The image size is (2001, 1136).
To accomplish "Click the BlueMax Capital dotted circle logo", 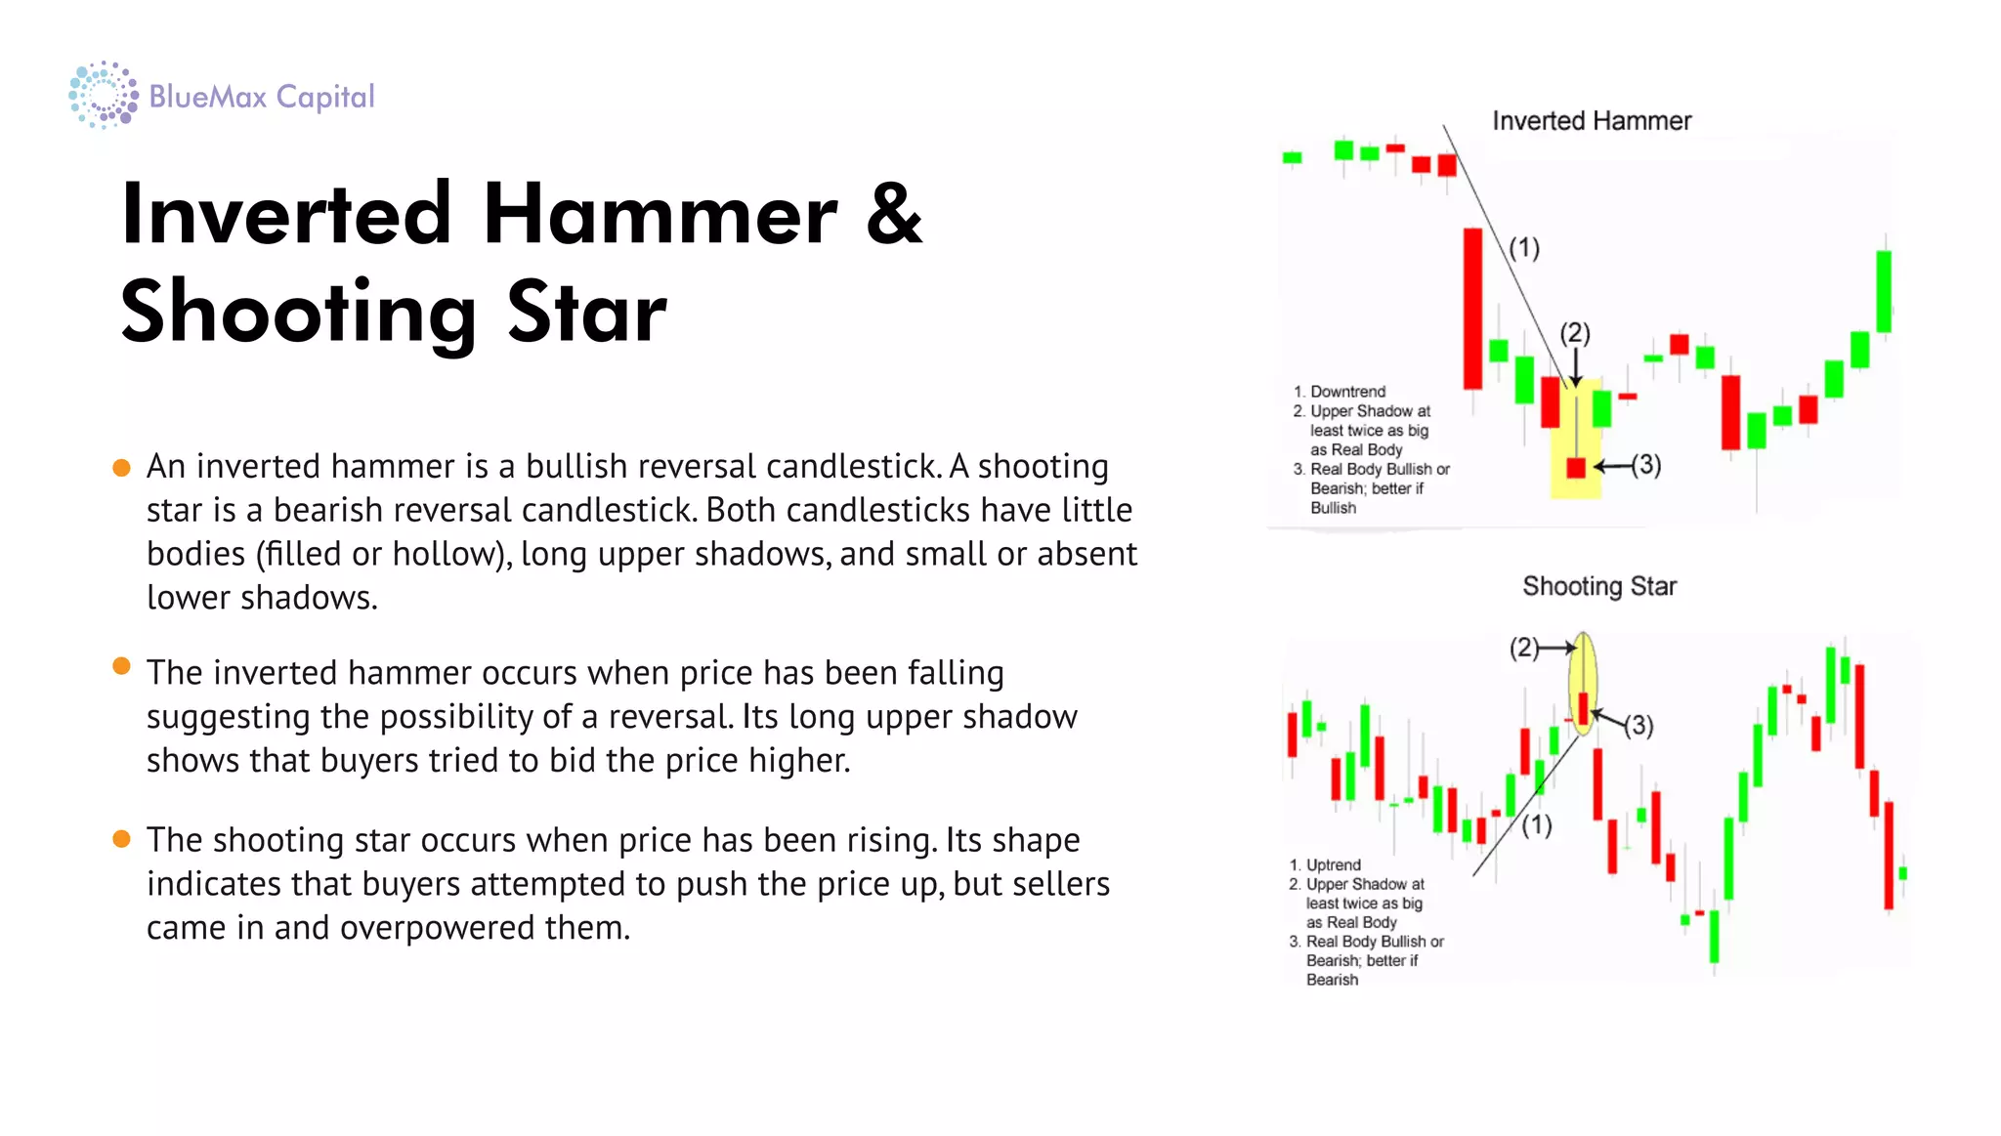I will pos(103,95).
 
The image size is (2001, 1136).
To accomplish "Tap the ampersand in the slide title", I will pos(894,214).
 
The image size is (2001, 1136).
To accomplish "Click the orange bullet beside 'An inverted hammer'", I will pos(121,468).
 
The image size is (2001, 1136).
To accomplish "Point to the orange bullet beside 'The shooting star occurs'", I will pos(121,840).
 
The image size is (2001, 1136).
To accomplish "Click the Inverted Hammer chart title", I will pos(1591,121).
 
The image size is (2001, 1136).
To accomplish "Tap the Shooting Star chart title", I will pos(1598,586).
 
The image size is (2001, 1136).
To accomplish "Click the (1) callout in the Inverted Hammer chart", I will pos(1523,248).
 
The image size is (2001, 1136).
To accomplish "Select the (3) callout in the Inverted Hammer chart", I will pos(1646,465).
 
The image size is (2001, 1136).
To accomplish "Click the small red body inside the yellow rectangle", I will pos(1575,468).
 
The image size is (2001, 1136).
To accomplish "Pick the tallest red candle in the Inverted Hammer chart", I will pos(1471,308).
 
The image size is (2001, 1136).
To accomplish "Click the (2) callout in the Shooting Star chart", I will pos(1523,648).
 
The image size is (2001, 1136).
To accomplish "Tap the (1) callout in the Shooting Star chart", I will pos(1536,825).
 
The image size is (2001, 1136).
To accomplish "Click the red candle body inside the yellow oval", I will pos(1583,708).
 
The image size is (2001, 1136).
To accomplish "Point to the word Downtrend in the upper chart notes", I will pos(1347,392).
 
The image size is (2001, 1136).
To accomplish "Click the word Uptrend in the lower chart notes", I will pos(1333,865).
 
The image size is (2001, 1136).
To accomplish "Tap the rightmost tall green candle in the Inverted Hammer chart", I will pos(1883,291).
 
